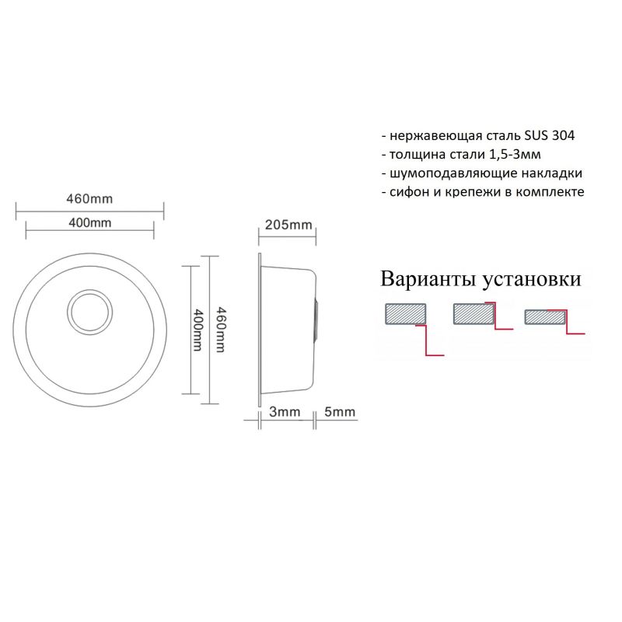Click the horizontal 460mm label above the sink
89,198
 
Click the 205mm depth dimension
288,225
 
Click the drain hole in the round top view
90,312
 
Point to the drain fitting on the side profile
315,319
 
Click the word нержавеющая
430,135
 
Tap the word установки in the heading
532,279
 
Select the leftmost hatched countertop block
404,313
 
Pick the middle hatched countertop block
473,313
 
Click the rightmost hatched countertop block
545,316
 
